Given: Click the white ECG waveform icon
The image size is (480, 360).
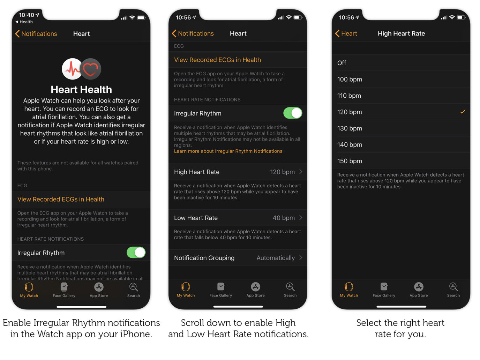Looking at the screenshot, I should click(x=72, y=69).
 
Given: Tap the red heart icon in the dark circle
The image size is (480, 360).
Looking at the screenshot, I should click(x=91, y=69).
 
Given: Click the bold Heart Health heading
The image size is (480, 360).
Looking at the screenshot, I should click(x=81, y=90).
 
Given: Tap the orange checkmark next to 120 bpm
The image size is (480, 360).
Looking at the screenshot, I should click(x=463, y=112).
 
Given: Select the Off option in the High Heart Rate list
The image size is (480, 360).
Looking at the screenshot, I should click(x=342, y=63).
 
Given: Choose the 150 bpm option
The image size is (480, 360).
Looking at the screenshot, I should click(x=350, y=161).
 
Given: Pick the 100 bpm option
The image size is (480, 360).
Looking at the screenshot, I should click(x=350, y=80).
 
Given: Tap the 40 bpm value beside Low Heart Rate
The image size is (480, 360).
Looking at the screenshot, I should click(x=284, y=218).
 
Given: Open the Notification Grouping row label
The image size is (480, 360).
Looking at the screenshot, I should click(x=204, y=258).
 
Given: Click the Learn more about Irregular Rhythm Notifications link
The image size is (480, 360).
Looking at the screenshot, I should click(x=228, y=151).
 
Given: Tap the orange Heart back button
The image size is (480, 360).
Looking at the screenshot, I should click(x=346, y=33).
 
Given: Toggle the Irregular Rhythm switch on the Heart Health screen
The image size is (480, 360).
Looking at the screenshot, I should click(x=136, y=253).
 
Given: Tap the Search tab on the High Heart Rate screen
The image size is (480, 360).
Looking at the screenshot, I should click(x=453, y=290).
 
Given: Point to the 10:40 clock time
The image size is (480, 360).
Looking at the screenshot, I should click(x=27, y=15).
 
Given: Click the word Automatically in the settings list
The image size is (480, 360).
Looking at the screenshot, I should click(x=276, y=258).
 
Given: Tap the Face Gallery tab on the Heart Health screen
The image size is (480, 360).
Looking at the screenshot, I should click(x=64, y=290).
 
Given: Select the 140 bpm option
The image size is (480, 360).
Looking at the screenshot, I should click(x=350, y=145).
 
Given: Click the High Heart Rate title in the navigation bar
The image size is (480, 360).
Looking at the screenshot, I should click(x=401, y=33).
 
